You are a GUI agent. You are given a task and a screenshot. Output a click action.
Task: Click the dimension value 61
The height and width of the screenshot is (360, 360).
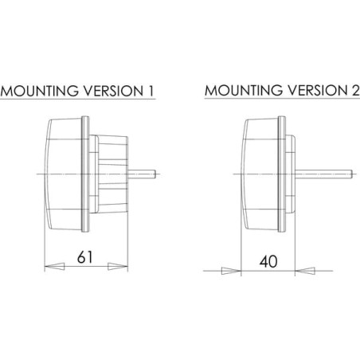(x=85, y=257)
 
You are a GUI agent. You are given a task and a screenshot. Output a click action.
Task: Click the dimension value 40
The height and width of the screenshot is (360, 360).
(x=268, y=261)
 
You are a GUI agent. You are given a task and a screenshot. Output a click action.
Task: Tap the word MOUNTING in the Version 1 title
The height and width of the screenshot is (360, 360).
(x=40, y=91)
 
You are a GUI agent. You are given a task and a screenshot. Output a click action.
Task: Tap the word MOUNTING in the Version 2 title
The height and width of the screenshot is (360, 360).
(x=244, y=90)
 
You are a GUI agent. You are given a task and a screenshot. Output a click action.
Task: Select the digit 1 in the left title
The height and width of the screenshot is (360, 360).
(x=151, y=91)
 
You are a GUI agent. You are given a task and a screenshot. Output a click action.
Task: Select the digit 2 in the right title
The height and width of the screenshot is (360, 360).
(x=355, y=90)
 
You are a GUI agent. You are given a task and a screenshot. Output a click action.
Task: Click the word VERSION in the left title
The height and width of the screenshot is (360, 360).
(x=114, y=91)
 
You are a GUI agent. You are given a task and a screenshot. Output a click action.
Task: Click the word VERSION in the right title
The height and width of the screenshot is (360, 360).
(x=318, y=90)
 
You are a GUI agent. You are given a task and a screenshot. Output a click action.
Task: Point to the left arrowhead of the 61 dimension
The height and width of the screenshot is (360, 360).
(x=54, y=266)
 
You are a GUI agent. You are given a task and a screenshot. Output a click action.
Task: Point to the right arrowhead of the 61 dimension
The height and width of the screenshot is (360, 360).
(x=118, y=267)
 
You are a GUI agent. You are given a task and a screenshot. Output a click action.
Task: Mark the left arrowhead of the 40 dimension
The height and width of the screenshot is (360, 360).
(x=231, y=271)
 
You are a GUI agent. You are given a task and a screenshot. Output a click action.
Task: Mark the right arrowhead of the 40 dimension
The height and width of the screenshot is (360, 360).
(x=305, y=271)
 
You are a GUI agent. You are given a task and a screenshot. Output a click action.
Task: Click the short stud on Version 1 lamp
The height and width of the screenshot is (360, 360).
(x=141, y=174)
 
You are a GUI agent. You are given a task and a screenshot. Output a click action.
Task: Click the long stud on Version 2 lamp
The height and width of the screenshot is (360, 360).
(x=324, y=174)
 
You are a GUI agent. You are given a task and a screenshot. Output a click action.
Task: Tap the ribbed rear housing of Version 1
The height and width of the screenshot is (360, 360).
(x=113, y=174)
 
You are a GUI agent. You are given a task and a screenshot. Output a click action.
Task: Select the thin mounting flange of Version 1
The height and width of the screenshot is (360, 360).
(x=85, y=174)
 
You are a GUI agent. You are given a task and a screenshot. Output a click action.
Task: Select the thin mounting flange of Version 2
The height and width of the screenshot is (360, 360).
(x=282, y=174)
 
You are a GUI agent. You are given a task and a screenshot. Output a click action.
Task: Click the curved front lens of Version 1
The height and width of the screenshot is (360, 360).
(x=63, y=174)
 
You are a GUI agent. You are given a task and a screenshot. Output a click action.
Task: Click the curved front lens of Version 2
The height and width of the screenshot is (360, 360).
(x=260, y=174)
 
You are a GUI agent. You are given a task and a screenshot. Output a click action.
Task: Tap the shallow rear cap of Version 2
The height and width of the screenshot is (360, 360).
(x=291, y=174)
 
